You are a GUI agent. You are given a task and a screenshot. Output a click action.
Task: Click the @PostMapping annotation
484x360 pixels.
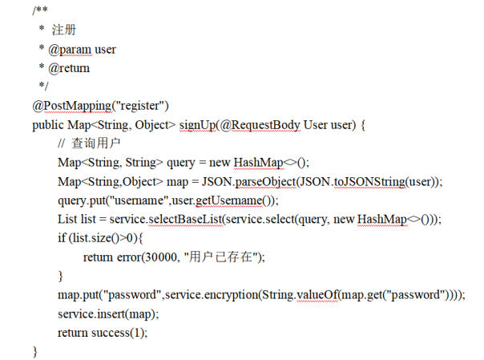[x=71, y=106]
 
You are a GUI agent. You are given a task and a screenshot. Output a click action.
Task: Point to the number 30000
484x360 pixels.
[x=159, y=257]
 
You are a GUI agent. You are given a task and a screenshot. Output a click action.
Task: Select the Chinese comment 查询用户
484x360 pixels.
[x=95, y=144]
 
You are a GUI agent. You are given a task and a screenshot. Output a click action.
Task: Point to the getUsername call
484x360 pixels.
[x=229, y=200]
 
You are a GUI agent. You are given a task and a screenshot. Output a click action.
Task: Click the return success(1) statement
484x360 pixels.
[x=103, y=333]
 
